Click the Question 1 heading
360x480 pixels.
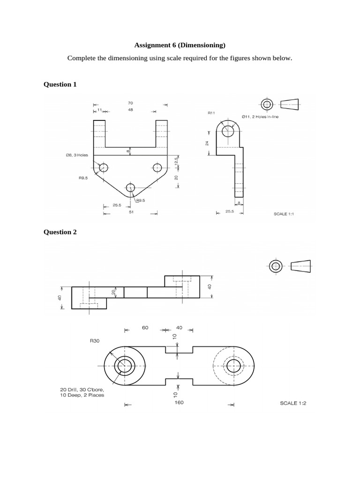tap(60, 84)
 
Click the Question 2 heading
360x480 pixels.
tap(60, 232)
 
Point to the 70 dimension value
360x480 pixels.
tap(130, 102)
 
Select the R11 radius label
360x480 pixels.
tap(211, 113)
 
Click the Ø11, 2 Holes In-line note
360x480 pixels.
tap(260, 116)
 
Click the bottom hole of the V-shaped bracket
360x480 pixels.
tap(130, 188)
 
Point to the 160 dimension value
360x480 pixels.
tap(178, 402)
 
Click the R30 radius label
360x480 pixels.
tap(95, 341)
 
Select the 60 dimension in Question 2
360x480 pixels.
tap(145, 328)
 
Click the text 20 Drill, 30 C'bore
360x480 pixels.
tap(82, 389)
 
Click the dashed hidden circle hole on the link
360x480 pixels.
tap(232, 366)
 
